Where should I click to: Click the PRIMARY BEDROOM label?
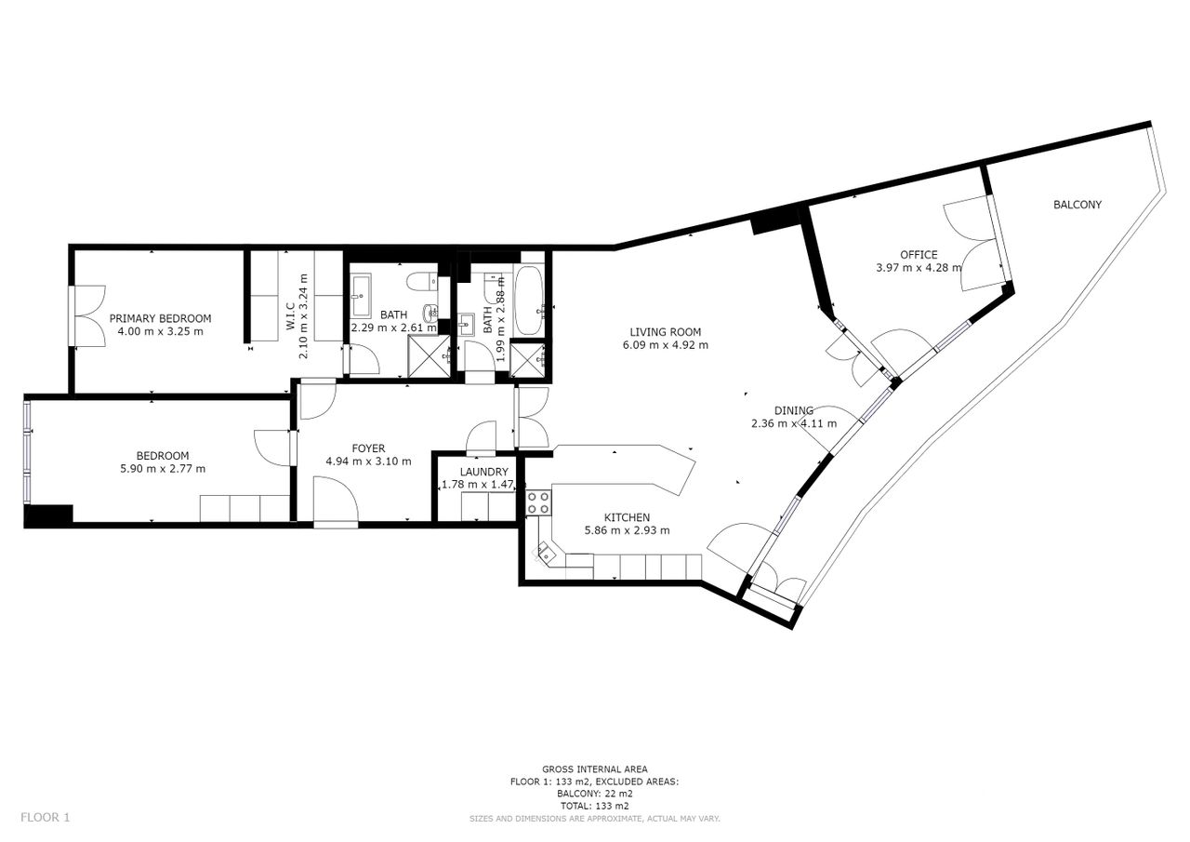click(160, 318)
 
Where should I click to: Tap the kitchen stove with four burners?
click(538, 502)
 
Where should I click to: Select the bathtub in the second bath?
click(528, 300)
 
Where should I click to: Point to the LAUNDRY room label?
click(484, 472)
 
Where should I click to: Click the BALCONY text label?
click(1078, 204)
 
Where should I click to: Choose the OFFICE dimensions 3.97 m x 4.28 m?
click(919, 267)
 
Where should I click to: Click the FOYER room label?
click(368, 448)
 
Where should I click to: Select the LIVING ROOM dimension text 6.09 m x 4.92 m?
click(665, 344)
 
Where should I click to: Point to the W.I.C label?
click(290, 316)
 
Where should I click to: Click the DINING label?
click(794, 410)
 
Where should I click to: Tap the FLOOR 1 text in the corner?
click(46, 817)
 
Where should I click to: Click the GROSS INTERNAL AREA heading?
click(594, 768)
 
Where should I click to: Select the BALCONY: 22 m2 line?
click(594, 794)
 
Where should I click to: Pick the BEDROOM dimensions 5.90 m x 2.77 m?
click(163, 468)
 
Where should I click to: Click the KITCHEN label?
click(627, 517)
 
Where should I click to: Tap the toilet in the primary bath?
click(422, 281)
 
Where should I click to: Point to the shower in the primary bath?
click(429, 357)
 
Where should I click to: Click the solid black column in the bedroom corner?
click(48, 515)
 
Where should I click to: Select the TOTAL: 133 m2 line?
click(594, 806)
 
